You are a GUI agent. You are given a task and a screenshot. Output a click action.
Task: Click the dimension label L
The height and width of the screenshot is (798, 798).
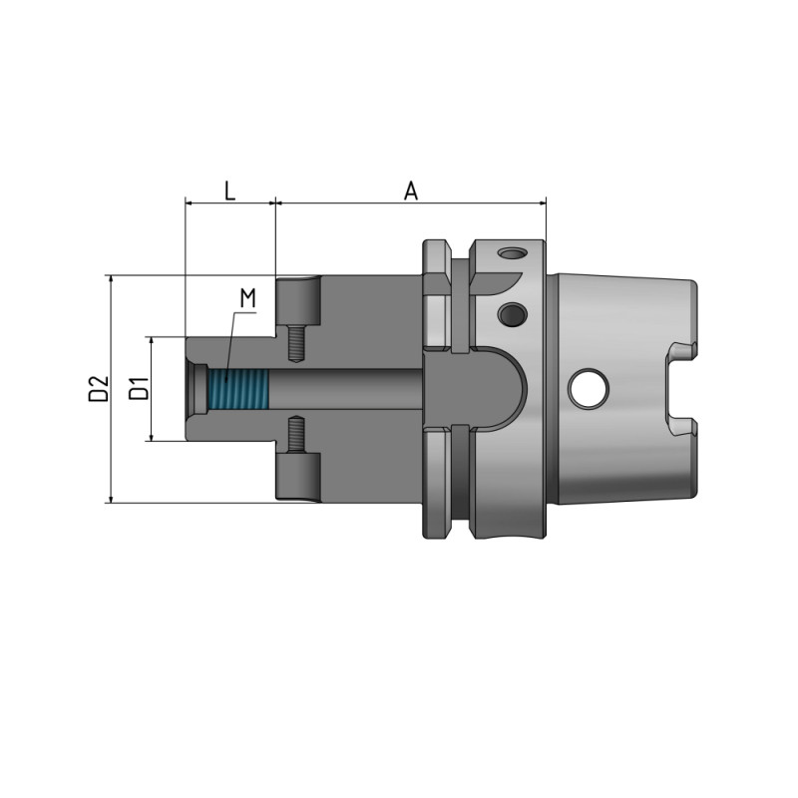[228, 190]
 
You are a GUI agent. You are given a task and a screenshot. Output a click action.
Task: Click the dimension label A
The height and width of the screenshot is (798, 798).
[410, 190]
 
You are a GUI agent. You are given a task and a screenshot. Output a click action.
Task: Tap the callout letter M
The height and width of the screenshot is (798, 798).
[248, 297]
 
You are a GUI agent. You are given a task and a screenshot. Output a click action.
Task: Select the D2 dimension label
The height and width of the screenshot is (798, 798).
[97, 389]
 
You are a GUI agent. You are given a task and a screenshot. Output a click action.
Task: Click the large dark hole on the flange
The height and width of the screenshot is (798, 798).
[513, 315]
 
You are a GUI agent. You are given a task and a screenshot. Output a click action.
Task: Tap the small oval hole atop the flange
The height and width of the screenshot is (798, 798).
[512, 253]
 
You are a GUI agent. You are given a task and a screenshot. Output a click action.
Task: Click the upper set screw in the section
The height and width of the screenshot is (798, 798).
[295, 343]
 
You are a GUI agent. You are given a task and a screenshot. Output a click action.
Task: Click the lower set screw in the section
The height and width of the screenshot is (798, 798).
[295, 435]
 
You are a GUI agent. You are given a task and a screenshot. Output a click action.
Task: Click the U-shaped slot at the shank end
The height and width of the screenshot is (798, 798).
[680, 388]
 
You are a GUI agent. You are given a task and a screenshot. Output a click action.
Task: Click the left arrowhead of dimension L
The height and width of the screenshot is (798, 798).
[190, 203]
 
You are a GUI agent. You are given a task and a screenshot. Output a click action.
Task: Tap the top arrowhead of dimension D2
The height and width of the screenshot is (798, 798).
[111, 280]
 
